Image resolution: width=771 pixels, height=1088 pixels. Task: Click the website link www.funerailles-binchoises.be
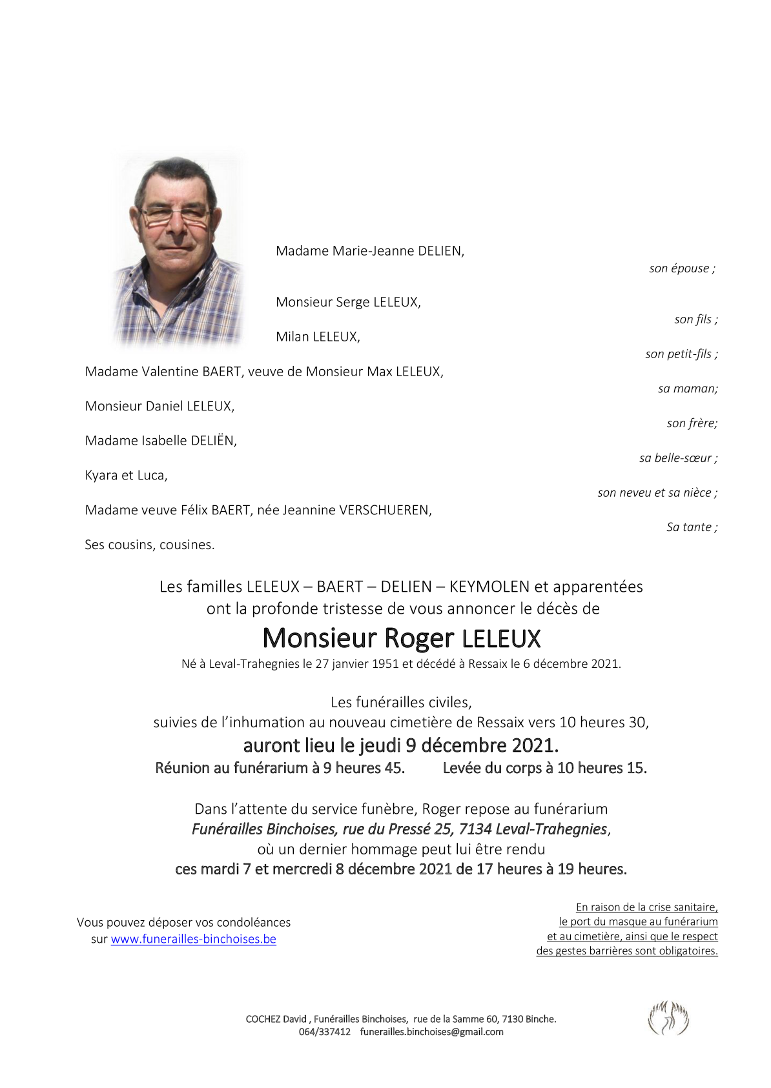point(193,939)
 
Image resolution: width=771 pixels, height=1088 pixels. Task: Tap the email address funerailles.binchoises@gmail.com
point(431,1031)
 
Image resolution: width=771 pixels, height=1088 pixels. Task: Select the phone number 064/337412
point(324,1031)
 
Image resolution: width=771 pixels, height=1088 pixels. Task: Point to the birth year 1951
point(385,663)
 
